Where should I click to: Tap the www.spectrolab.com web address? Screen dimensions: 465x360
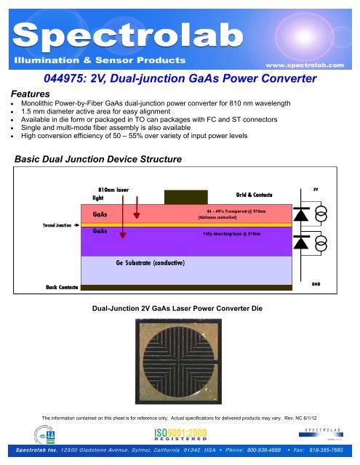coord(313,63)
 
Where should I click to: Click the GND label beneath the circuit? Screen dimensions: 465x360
coord(317,284)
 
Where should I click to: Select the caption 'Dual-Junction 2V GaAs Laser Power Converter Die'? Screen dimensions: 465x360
coord(180,308)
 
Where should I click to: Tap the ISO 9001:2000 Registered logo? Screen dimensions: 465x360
coord(180,437)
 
